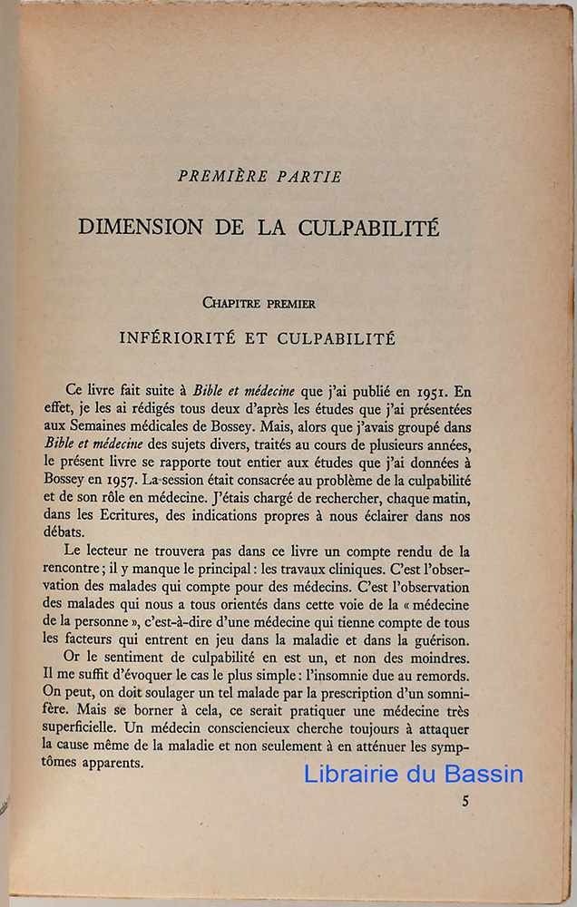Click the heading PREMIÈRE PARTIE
click(x=259, y=177)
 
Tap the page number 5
click(x=465, y=800)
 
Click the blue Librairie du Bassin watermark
click(x=413, y=774)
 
